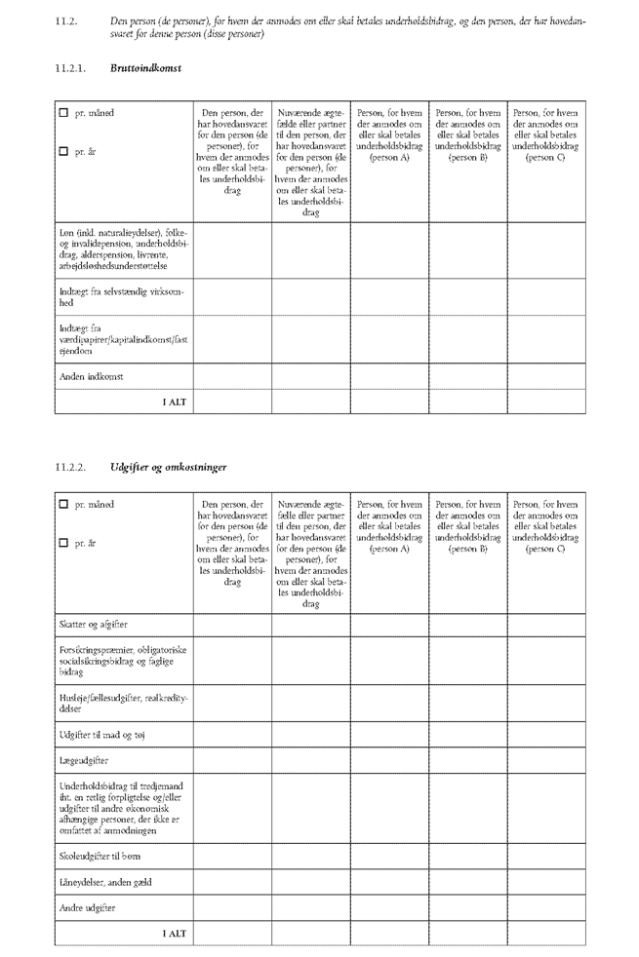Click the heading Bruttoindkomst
tap(146, 68)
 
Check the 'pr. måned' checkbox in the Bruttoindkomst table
tap(64, 114)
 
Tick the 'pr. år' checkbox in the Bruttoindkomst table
tap(64, 151)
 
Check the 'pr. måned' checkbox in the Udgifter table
tap(64, 505)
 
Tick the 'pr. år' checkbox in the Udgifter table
tap(64, 543)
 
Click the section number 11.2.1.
tap(71, 68)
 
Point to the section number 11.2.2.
tap(71, 468)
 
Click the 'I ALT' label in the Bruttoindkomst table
tap(174, 402)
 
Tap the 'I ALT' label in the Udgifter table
tap(174, 934)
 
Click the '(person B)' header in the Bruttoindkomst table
tap(467, 158)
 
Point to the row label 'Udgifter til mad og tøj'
tap(102, 734)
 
